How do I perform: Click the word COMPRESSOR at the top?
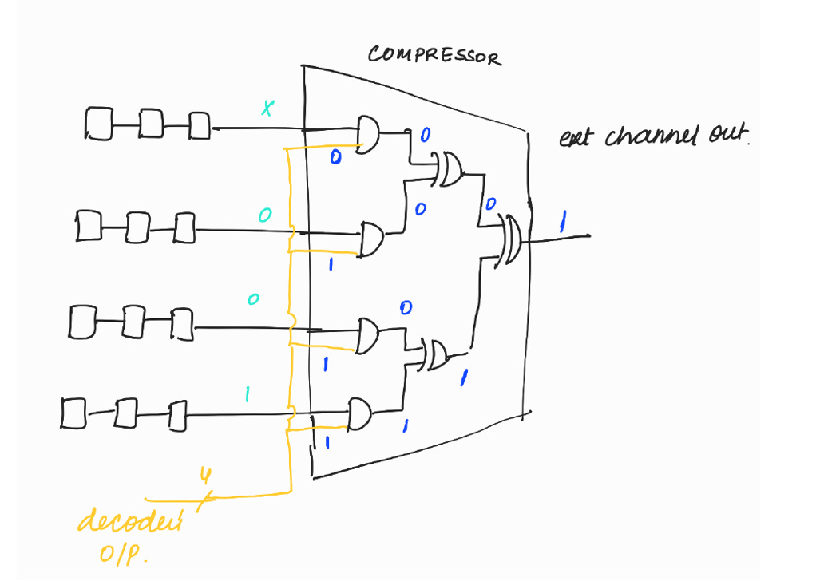pyautogui.click(x=435, y=56)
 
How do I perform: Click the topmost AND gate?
pyautogui.click(x=368, y=134)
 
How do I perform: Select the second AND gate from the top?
pyautogui.click(x=371, y=239)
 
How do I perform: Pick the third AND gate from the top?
pyautogui.click(x=369, y=336)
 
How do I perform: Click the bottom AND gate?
pyautogui.click(x=361, y=413)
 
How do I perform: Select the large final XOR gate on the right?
pyautogui.click(x=510, y=240)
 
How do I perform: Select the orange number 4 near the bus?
pyautogui.click(x=205, y=477)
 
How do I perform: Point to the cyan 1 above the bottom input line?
pyautogui.click(x=248, y=394)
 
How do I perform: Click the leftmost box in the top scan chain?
pyautogui.click(x=98, y=125)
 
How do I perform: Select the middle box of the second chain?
pyautogui.click(x=137, y=225)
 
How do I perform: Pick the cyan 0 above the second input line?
pyautogui.click(x=265, y=215)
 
